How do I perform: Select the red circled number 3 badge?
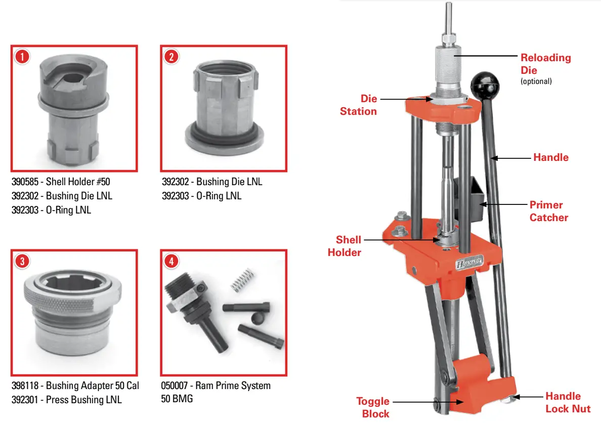pyautogui.click(x=21, y=261)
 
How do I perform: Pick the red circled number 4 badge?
pyautogui.click(x=171, y=261)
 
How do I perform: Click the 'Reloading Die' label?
pyautogui.click(x=545, y=64)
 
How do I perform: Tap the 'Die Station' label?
pyautogui.click(x=359, y=105)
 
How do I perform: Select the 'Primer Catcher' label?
pyautogui.click(x=548, y=211)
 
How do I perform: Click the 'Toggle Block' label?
pyautogui.click(x=373, y=407)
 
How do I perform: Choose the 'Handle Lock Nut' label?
pyautogui.click(x=567, y=402)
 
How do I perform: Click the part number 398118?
pyautogui.click(x=26, y=386)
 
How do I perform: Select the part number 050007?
pyautogui.click(x=176, y=386)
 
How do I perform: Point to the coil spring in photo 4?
pyautogui.click(x=241, y=280)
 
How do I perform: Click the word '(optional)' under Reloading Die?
pyautogui.click(x=536, y=81)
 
